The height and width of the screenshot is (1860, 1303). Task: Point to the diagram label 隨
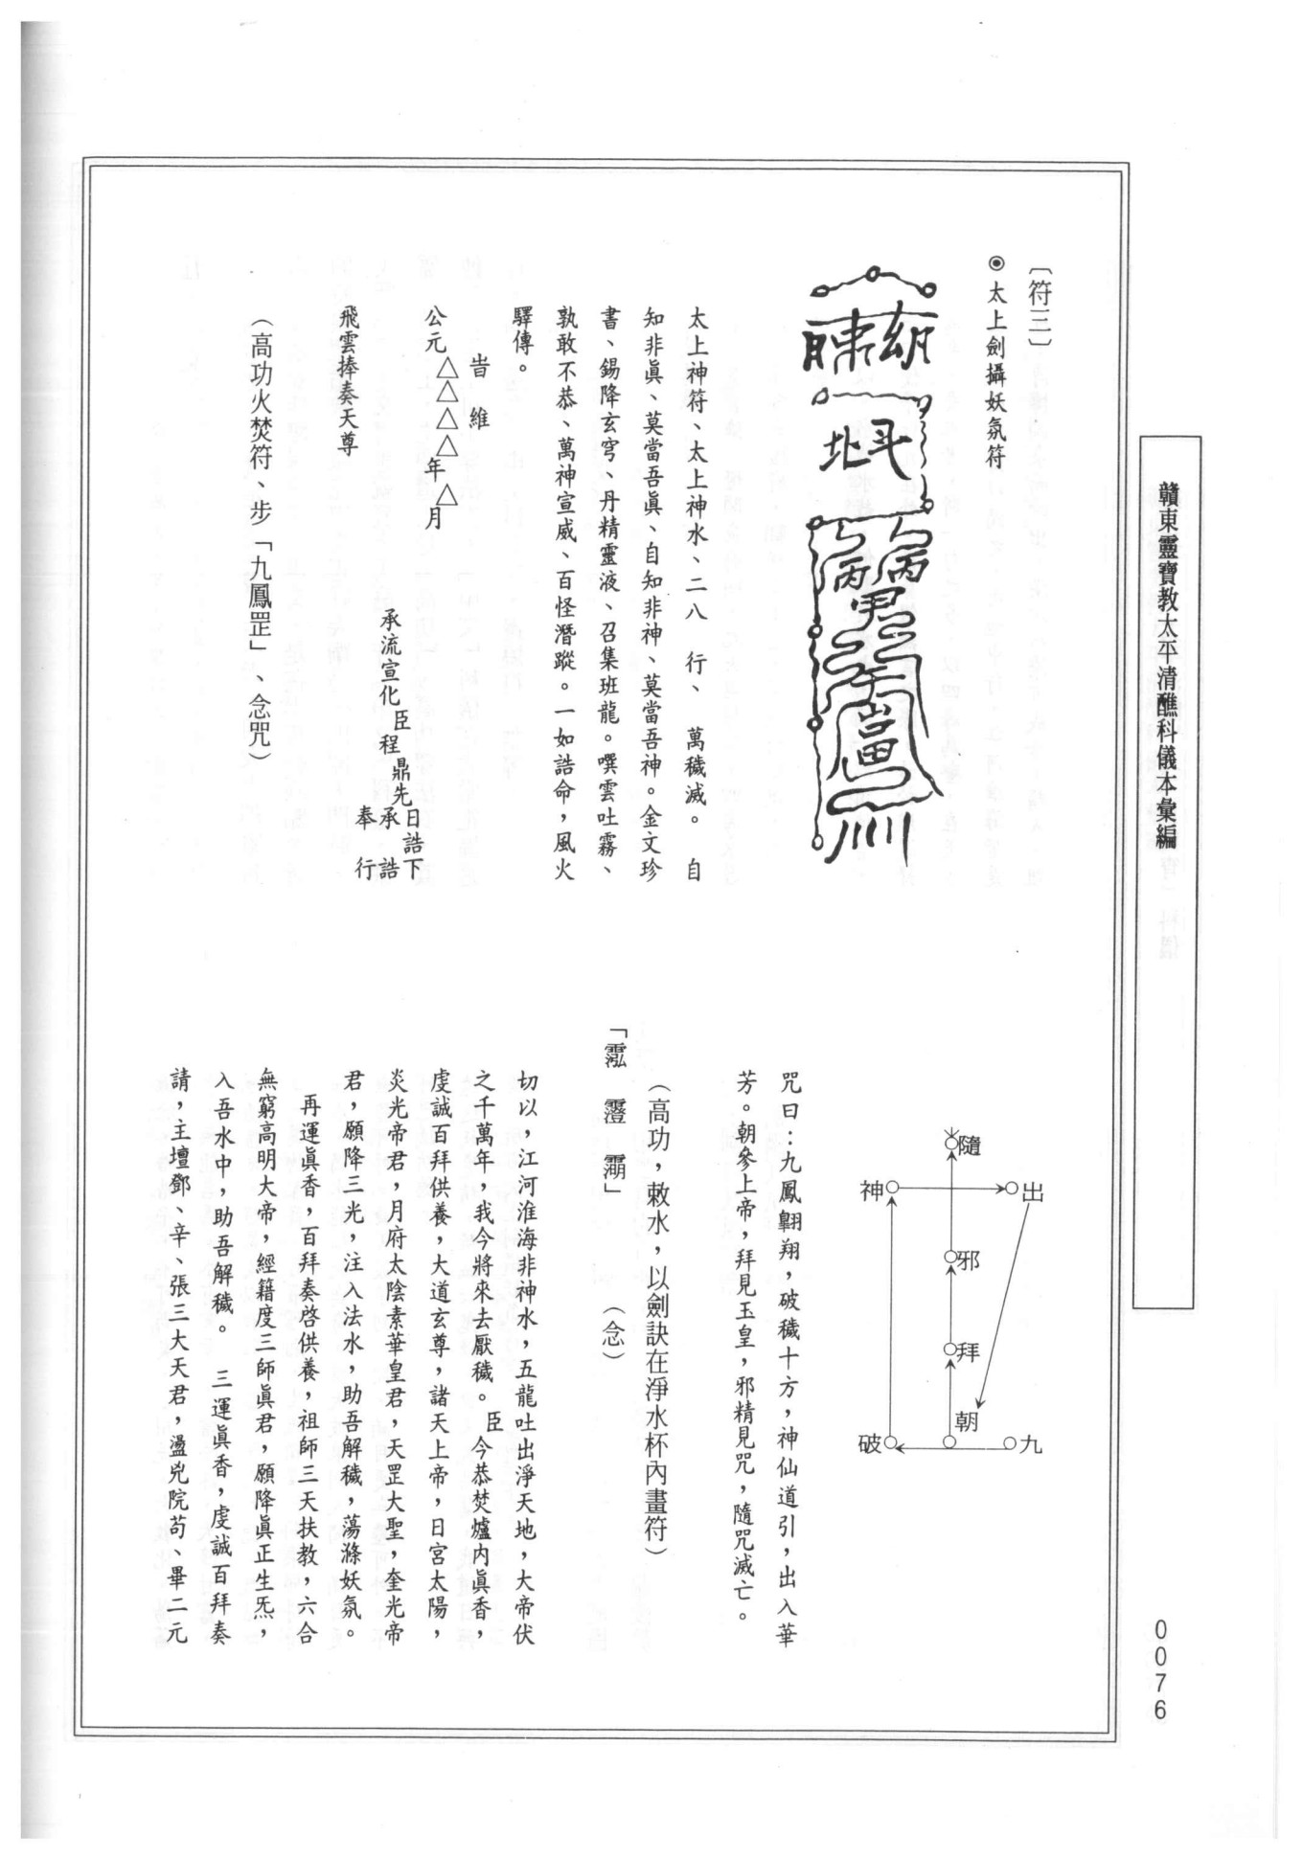click(x=970, y=1144)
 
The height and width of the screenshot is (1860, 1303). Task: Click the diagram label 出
click(x=1033, y=1191)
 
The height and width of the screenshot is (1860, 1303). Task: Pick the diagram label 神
click(x=871, y=1191)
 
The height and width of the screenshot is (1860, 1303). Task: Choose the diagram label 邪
click(x=969, y=1259)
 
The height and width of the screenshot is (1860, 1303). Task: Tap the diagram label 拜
click(x=969, y=1351)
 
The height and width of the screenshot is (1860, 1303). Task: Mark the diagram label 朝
click(x=966, y=1420)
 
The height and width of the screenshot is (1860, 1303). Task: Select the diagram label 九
click(x=1031, y=1443)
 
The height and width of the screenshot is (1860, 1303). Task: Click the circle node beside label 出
click(x=1011, y=1189)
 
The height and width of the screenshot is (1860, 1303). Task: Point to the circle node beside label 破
click(x=891, y=1441)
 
